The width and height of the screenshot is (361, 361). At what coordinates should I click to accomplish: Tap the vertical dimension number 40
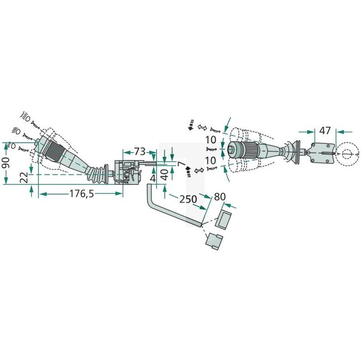[164, 178]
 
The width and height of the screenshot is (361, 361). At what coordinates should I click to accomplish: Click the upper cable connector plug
[224, 219]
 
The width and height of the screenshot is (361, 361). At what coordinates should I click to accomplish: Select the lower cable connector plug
[214, 242]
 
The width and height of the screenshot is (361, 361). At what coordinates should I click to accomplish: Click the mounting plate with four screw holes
[320, 152]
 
